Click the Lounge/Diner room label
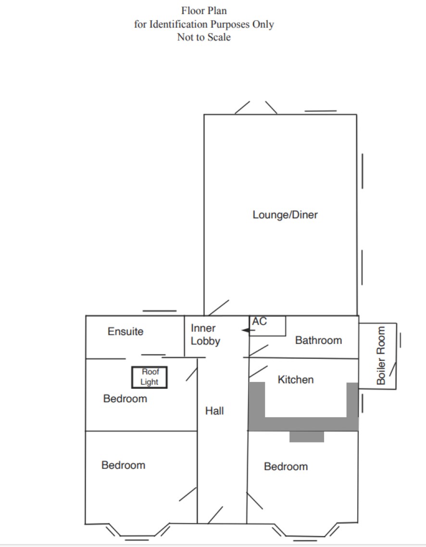[x=285, y=215]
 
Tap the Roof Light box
[x=150, y=367]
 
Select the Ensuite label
[x=125, y=331]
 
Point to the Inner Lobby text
[x=205, y=334]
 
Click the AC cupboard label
[x=259, y=321]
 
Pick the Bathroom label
[x=319, y=340]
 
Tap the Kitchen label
[x=296, y=380]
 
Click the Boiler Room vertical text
[x=381, y=356]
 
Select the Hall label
[x=214, y=411]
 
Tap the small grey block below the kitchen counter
[x=307, y=436]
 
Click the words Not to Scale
[x=204, y=37]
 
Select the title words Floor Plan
[x=204, y=11]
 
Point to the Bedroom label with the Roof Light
[x=125, y=399]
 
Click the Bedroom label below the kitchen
[x=286, y=467]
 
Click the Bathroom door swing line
[x=259, y=351]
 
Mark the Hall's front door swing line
[x=215, y=515]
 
